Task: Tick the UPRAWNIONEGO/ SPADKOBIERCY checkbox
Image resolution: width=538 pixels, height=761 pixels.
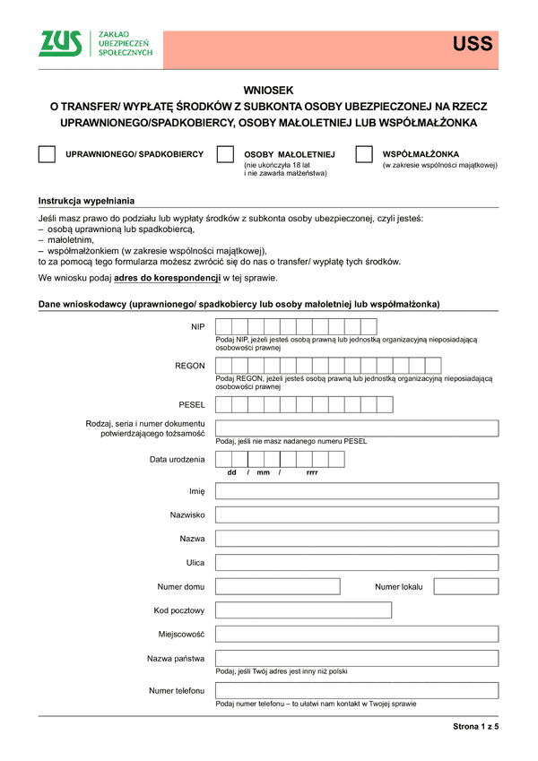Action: (47, 155)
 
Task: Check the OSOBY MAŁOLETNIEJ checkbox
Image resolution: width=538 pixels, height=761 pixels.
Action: (225, 155)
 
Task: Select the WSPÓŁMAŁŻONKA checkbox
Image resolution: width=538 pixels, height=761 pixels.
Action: (364, 155)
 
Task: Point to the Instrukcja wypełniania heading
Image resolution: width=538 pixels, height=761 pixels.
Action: (86, 201)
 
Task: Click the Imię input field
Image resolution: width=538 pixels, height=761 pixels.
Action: (357, 491)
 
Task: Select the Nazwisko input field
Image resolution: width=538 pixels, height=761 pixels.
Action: (357, 515)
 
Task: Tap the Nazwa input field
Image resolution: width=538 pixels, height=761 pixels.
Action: (357, 539)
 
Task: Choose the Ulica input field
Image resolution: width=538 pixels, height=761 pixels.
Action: (357, 563)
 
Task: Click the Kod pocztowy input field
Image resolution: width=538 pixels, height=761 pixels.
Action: (304, 610)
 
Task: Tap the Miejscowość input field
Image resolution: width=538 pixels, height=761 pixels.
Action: (357, 634)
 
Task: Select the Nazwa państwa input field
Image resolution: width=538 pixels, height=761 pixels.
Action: (357, 659)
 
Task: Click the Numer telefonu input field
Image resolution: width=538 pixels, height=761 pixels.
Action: (357, 690)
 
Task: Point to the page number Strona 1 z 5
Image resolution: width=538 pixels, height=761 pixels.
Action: (474, 727)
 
